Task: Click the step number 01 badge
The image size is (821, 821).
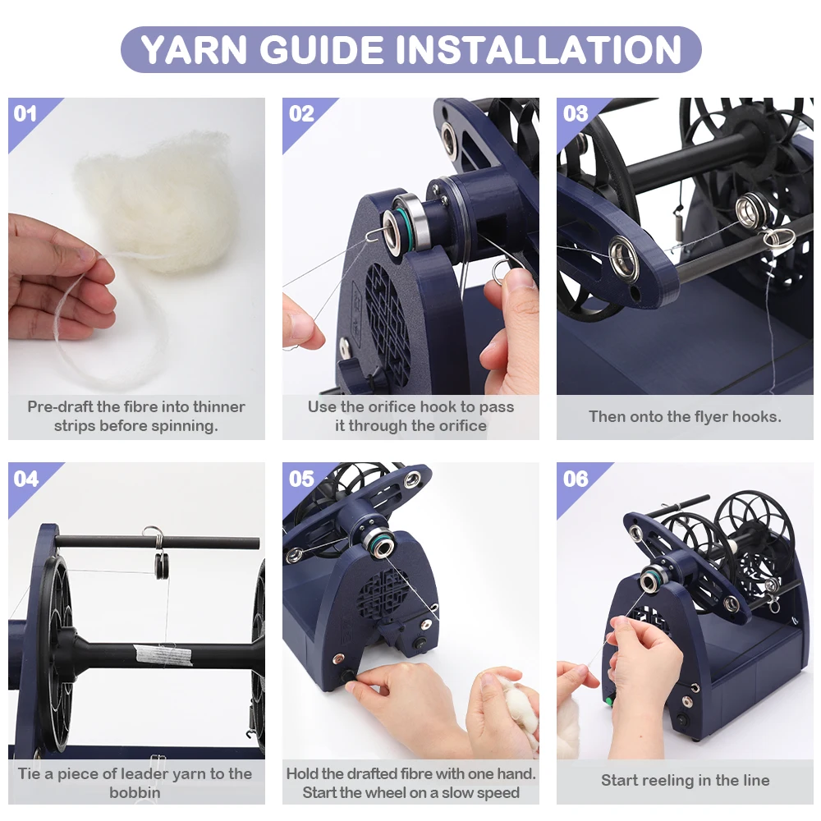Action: tap(25, 113)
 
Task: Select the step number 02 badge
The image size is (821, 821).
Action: tap(301, 113)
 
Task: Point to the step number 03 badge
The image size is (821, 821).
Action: tap(576, 113)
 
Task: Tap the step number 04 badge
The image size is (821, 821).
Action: tap(26, 479)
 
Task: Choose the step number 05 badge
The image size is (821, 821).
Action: tap(301, 479)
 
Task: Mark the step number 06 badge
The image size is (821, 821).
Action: tap(576, 479)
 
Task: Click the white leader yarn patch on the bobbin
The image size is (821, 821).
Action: tap(152, 654)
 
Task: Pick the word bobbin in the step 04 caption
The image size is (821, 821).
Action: tap(135, 793)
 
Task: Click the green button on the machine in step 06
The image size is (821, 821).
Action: tap(609, 700)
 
